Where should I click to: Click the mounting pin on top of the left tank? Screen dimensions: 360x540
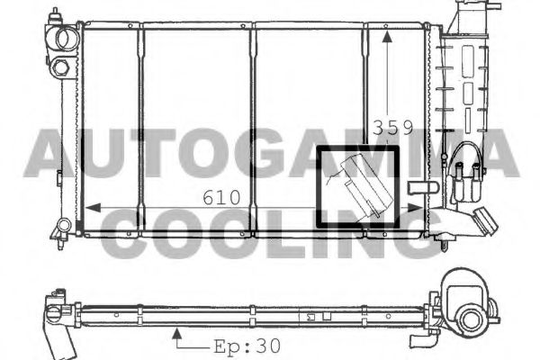(x=56, y=15)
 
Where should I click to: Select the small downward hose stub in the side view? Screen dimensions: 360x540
(x=422, y=338)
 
